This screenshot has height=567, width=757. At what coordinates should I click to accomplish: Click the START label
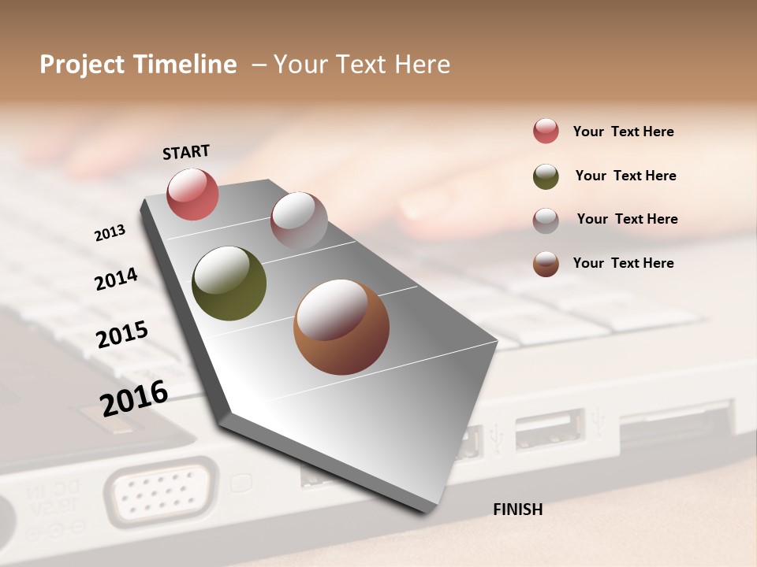pos(186,152)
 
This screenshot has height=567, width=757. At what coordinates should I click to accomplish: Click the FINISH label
pos(517,510)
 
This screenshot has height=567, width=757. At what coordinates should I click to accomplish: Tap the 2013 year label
pos(110,233)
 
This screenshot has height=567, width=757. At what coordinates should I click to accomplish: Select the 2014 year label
pos(116,280)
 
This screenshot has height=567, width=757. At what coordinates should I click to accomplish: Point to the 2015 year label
pos(122,334)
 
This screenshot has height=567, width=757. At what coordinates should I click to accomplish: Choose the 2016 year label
pos(134,398)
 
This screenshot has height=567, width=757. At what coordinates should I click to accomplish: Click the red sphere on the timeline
pos(192,194)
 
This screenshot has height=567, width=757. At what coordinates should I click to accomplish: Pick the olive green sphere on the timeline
pos(229,283)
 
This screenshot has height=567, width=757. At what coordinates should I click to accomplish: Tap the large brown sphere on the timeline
pos(341,327)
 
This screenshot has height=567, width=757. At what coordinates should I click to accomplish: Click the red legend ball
pos(546,131)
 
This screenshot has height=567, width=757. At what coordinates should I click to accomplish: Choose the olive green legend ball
pos(546,176)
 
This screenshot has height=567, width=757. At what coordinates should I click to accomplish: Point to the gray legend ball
pos(546,220)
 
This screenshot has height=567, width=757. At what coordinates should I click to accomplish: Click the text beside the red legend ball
pos(623,132)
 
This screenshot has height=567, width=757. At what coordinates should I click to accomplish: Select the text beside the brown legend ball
pos(623,263)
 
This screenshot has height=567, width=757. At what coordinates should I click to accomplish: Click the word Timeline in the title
pos(185,65)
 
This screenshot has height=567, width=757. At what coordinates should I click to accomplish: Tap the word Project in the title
pos(84,65)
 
